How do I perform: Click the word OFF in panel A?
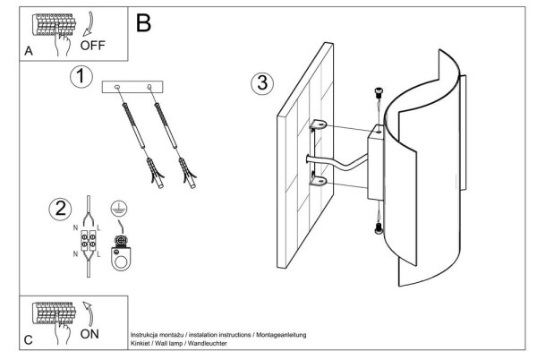(92, 45)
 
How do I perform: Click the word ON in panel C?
(89, 334)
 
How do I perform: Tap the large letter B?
(143, 23)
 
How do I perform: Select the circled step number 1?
(81, 76)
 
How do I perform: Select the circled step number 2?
(60, 209)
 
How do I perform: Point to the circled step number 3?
(262, 83)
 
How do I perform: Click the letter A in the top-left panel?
(29, 51)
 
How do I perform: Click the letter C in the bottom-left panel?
(29, 340)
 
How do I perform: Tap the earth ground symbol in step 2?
(119, 209)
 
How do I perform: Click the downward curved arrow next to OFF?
(89, 24)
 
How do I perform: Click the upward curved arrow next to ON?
(89, 313)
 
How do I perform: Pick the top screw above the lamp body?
(379, 92)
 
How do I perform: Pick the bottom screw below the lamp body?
(379, 228)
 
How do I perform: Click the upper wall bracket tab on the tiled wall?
(318, 124)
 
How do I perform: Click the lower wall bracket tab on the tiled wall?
(318, 180)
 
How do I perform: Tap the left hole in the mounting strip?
(117, 88)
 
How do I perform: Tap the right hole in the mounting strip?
(149, 87)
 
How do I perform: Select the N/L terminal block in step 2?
(89, 240)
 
